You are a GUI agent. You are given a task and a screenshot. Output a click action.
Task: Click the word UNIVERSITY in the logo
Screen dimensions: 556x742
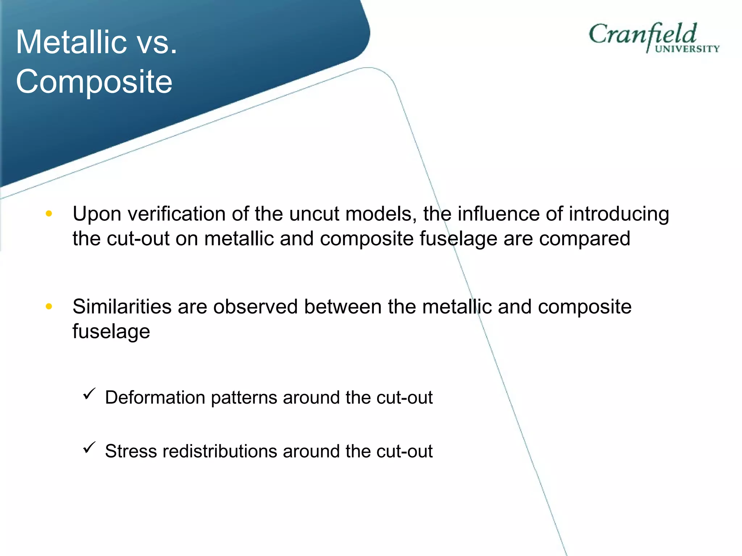click(687, 49)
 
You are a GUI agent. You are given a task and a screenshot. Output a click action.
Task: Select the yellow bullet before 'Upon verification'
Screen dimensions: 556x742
click(49, 214)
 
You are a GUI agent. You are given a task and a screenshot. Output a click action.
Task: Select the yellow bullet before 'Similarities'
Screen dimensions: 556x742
click(49, 307)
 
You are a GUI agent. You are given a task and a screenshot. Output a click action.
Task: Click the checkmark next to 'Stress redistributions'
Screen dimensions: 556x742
click(89, 447)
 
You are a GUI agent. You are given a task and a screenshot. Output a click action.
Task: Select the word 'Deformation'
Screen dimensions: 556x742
click(155, 397)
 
